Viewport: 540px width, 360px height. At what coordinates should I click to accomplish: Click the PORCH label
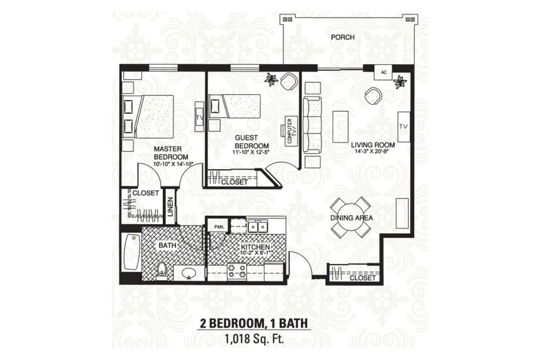[342, 37]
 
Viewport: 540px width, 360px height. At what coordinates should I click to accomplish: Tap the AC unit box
[384, 72]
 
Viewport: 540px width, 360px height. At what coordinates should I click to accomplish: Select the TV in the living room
[403, 127]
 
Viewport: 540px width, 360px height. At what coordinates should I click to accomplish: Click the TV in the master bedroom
[199, 116]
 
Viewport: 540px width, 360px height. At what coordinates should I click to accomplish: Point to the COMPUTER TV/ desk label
[290, 131]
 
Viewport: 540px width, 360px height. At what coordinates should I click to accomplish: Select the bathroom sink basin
[188, 274]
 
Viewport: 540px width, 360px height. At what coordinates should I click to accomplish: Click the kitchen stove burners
[237, 270]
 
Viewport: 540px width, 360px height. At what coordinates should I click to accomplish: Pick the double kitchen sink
[258, 227]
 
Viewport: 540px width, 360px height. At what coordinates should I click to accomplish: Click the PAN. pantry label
[219, 227]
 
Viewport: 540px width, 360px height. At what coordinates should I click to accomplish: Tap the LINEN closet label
[170, 207]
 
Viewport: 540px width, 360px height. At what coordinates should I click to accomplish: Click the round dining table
[351, 217]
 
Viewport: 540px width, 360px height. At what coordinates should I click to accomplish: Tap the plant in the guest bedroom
[272, 80]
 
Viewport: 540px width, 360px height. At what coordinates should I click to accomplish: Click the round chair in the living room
[373, 96]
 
